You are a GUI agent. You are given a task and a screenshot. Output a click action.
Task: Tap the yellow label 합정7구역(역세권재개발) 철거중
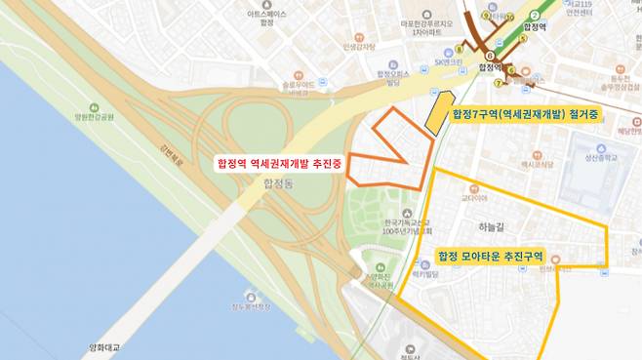pyautogui.click(x=526, y=114)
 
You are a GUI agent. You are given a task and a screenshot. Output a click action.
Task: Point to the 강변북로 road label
pyautogui.click(x=172, y=157)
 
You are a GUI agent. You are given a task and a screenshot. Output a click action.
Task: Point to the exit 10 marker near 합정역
pyautogui.click(x=510, y=17)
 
